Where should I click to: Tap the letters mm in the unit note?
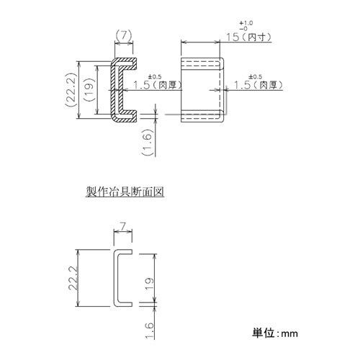click(290, 334)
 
